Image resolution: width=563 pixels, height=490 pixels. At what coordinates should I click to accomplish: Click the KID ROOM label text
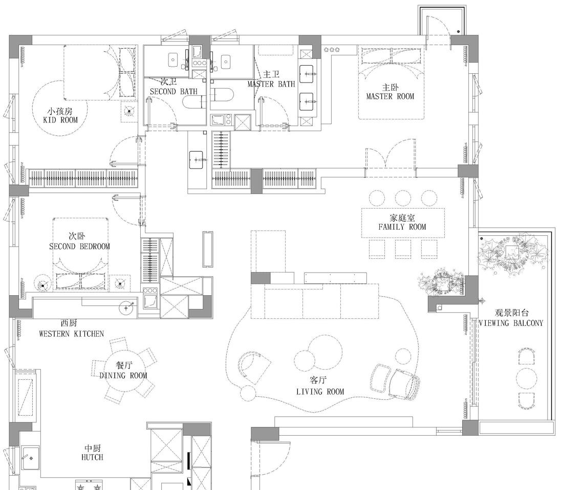60,120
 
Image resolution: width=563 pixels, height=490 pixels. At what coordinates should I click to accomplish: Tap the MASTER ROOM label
390,96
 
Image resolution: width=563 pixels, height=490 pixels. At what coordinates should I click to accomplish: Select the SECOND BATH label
174,91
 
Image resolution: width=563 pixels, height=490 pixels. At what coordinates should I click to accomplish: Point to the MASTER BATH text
271,84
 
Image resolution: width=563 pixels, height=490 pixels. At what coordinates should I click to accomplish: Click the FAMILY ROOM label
402,227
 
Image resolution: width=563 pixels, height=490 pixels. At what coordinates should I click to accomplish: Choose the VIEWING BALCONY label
511,323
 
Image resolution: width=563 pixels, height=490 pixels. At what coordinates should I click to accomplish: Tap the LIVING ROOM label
320,392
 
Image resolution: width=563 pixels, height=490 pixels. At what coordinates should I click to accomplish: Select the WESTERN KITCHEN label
72,334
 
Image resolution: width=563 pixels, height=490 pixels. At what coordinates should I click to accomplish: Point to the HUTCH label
92,457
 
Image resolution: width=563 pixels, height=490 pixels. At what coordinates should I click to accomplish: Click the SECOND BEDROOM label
79,246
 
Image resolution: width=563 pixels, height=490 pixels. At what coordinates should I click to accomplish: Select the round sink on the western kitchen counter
126,308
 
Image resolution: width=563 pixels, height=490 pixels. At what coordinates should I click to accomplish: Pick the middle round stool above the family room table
402,198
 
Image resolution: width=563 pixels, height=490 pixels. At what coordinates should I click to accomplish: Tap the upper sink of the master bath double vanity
306,74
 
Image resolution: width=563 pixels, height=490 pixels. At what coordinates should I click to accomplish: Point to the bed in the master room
392,83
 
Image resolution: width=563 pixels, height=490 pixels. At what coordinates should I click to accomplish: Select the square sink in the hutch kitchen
31,458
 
